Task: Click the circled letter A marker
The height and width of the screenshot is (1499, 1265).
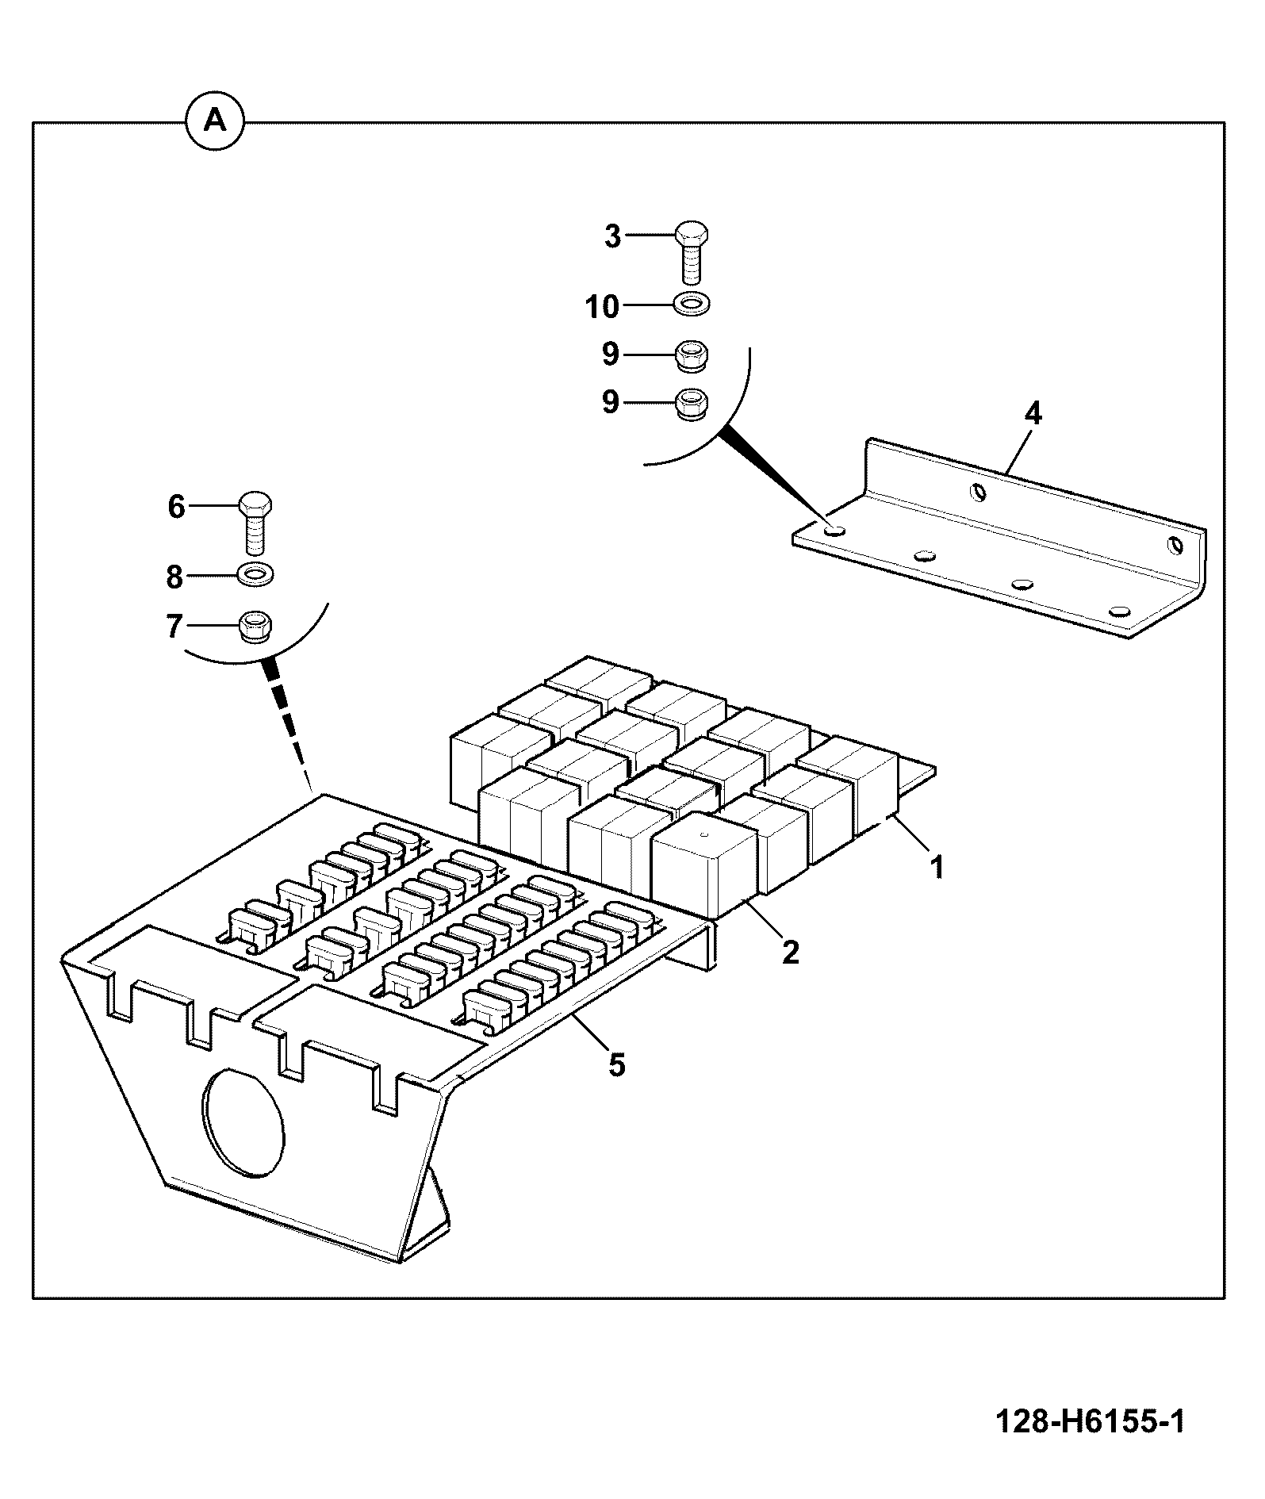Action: click(215, 122)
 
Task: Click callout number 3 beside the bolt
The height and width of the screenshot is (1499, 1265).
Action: click(613, 236)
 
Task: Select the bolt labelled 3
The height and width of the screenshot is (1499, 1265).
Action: click(692, 252)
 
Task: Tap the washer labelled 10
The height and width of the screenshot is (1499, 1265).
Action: click(692, 303)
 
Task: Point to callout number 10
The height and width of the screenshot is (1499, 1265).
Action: click(603, 306)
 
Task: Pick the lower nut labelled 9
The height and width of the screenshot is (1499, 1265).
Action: click(691, 404)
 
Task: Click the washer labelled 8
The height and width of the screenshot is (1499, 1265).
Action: click(255, 573)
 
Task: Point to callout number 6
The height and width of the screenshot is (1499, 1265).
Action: click(176, 506)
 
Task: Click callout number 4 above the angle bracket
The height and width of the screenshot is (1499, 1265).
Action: click(1033, 413)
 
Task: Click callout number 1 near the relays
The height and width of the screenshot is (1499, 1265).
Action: click(937, 867)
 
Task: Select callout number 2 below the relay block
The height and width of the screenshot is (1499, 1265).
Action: click(790, 952)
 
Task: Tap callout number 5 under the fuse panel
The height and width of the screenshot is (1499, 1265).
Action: click(617, 1064)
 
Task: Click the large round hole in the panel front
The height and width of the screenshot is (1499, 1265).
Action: click(243, 1122)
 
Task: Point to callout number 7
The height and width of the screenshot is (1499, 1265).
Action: click(174, 627)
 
